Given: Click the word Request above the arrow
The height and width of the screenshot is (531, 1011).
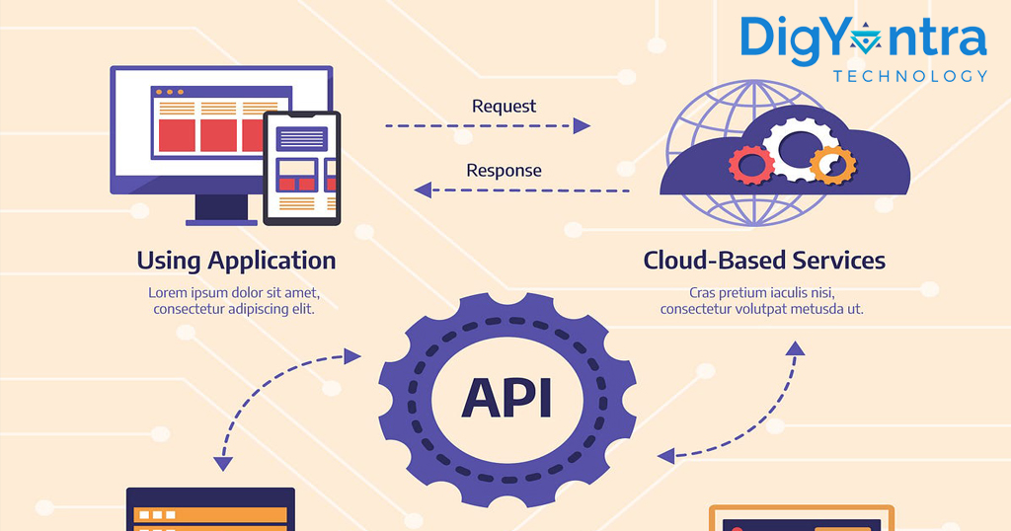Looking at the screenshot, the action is tap(504, 107).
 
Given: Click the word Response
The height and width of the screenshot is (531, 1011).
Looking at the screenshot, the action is tap(504, 171).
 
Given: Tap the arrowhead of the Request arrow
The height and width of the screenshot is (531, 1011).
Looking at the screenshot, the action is tap(582, 125).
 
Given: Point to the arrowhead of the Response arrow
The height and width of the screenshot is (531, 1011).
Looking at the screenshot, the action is tap(423, 190).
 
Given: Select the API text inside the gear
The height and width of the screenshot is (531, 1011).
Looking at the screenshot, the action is tap(506, 399).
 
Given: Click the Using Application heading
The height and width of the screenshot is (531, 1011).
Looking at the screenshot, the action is tap(236, 261).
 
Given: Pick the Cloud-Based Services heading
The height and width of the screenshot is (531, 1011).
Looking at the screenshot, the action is tap(764, 261).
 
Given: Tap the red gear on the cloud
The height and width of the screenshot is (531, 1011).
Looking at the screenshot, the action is tap(751, 166).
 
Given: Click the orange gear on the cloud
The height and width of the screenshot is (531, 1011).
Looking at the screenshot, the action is tap(833, 164).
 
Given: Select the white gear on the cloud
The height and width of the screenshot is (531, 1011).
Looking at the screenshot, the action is tap(798, 149).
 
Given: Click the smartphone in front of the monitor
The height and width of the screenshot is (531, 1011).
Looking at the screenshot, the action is tap(302, 168).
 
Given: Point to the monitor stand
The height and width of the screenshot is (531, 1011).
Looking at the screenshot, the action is tap(221, 210).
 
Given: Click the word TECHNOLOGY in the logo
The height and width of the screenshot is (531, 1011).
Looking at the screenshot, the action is tap(909, 77).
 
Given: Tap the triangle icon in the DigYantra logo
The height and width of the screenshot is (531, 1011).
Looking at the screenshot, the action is tap(865, 41).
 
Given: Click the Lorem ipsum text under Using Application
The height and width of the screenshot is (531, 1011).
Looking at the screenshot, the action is tap(234, 301).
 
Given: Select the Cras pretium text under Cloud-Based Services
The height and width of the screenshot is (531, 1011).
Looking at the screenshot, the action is tap(761, 301).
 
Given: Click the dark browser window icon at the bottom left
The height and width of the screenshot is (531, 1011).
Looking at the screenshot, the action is tap(211, 509).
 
